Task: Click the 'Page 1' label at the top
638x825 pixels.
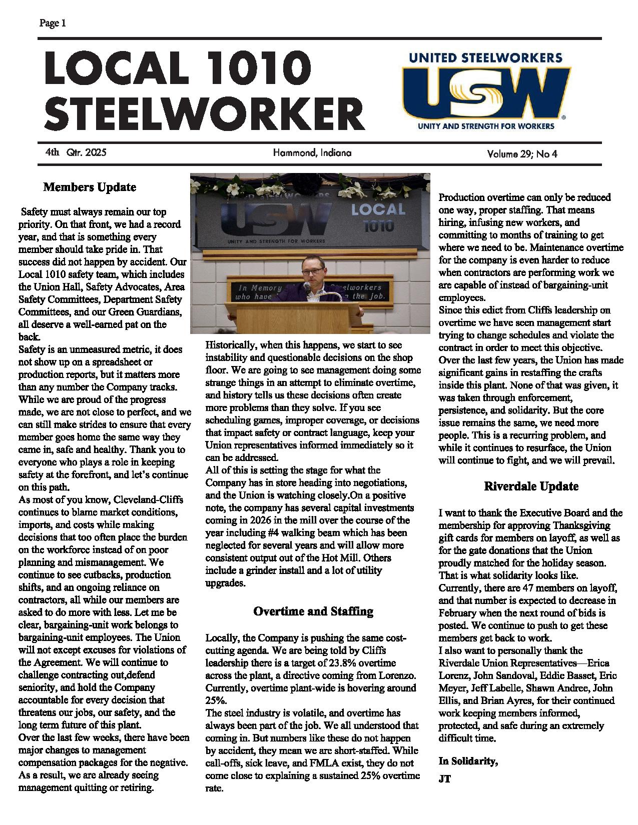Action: point(52,23)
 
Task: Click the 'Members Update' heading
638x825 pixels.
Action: point(90,187)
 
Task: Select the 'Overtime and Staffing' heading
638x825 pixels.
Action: point(313,611)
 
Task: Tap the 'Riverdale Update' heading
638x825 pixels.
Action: point(531,486)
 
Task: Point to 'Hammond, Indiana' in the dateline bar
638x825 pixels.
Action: point(312,153)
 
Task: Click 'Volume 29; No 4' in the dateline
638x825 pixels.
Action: point(522,153)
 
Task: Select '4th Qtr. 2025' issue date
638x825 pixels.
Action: point(75,152)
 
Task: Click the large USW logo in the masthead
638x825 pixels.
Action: point(485,92)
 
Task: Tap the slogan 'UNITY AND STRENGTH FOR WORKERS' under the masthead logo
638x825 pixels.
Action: point(486,126)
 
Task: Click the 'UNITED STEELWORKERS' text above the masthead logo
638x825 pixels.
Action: point(485,57)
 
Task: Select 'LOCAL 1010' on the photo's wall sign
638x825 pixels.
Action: point(378,216)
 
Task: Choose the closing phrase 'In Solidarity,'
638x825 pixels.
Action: point(468,761)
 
